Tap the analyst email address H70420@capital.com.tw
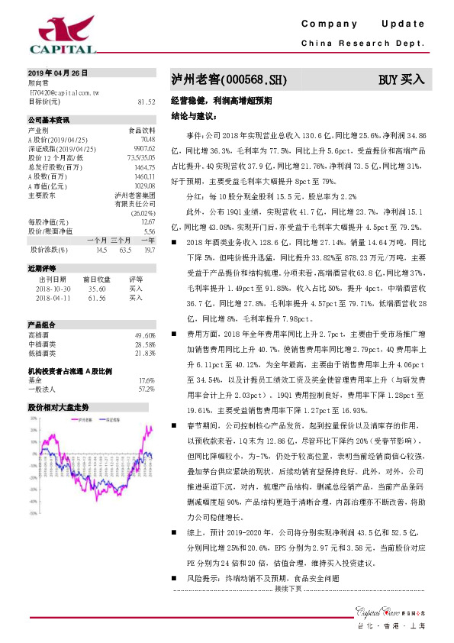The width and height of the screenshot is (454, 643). [x=63, y=91]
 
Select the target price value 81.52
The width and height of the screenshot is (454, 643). [x=146, y=101]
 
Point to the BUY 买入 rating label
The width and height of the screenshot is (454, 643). [x=401, y=79]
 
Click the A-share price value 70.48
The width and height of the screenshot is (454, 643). [x=148, y=139]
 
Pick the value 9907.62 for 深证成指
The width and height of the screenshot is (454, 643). [x=143, y=148]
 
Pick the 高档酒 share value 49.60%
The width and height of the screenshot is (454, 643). [x=145, y=335]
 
